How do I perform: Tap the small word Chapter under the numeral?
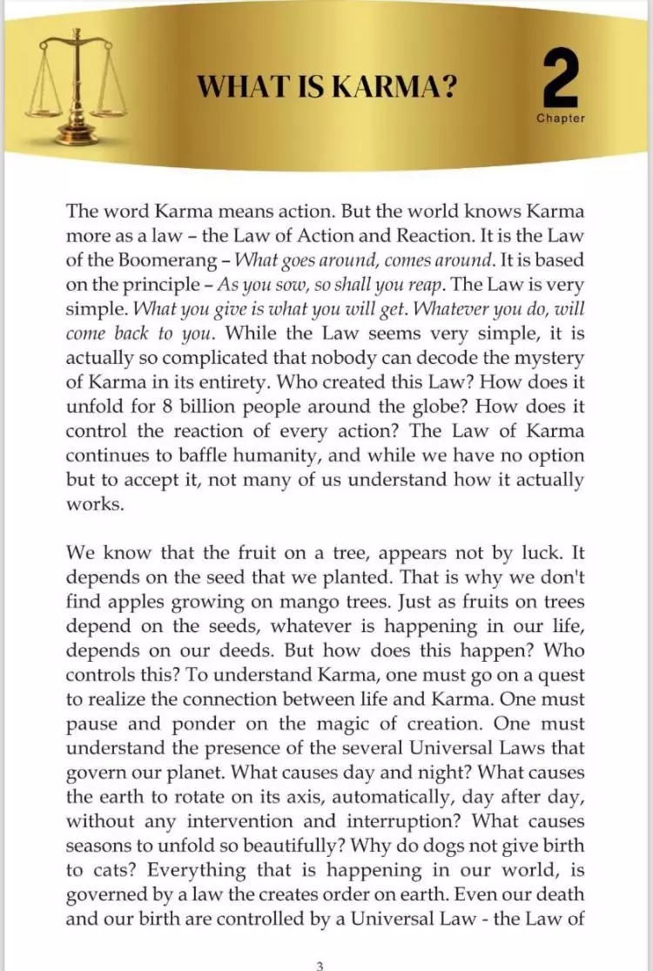click(561, 118)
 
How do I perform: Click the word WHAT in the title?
click(231, 87)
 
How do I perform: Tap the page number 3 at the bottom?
click(320, 941)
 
